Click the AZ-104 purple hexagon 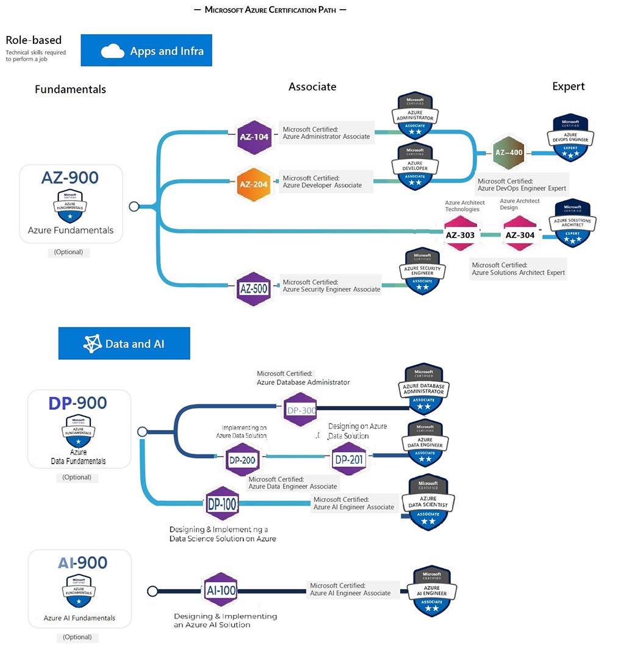tap(253, 137)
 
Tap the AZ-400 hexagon tap(508, 152)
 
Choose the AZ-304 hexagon tap(520, 235)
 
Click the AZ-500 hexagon tap(253, 288)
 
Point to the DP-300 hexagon tap(301, 410)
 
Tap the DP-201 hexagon tap(348, 459)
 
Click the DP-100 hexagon tap(222, 504)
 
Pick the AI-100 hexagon tap(220, 590)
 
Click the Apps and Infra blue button tap(146, 51)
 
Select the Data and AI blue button tap(124, 343)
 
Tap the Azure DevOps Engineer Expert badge tap(570, 138)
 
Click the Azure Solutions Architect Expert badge tap(572, 223)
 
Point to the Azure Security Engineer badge tap(422, 271)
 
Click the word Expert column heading tap(569, 86)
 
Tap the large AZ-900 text tap(70, 177)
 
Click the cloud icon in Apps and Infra tap(113, 51)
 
